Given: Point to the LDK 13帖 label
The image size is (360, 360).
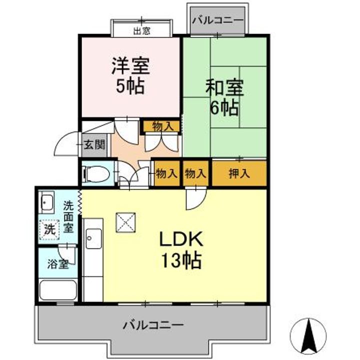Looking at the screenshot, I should pyautogui.click(x=180, y=249).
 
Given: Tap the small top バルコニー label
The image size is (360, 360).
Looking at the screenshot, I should pyautogui.click(x=217, y=20).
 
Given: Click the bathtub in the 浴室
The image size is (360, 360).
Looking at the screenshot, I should pyautogui.click(x=58, y=290).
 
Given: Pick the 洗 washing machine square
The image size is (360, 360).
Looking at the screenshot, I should pyautogui.click(x=49, y=230).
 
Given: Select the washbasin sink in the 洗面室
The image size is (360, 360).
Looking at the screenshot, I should pyautogui.click(x=47, y=202).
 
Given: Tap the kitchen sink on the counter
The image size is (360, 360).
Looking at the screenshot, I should pyautogui.click(x=92, y=238).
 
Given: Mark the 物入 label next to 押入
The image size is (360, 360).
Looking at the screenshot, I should pyautogui.click(x=195, y=174).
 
